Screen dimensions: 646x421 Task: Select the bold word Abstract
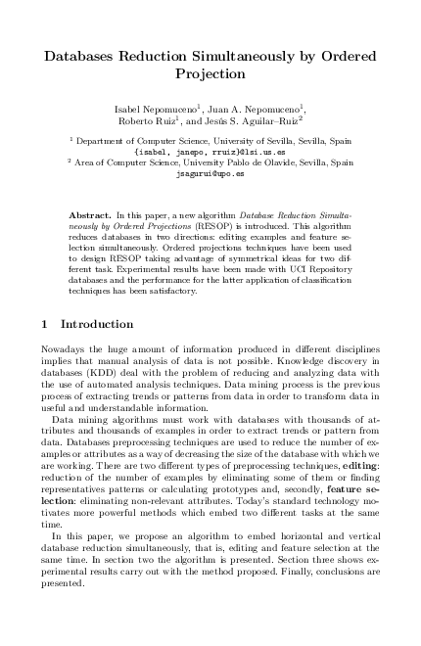click(x=90, y=213)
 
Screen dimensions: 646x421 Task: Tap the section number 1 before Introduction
click(x=45, y=324)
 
